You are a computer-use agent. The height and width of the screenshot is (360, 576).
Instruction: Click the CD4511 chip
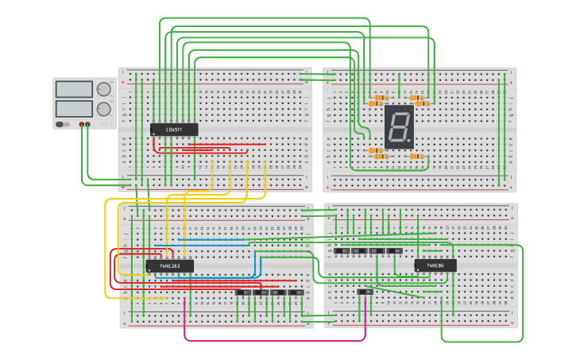click(174, 130)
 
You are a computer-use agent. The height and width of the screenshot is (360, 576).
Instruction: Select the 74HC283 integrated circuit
click(169, 266)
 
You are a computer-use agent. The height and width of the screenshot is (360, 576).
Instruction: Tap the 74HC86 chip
click(435, 265)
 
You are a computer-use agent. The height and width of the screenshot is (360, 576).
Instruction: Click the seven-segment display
click(399, 126)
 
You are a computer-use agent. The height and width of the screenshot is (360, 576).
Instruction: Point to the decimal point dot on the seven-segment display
click(410, 143)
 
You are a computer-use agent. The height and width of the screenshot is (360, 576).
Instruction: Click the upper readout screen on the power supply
click(74, 89)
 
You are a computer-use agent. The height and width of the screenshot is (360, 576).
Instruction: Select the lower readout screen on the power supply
click(74, 107)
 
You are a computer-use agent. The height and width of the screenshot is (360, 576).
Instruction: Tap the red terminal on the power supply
click(81, 125)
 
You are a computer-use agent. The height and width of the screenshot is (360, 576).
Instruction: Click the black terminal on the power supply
click(88, 125)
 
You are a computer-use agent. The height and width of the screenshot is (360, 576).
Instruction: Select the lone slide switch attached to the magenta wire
click(365, 292)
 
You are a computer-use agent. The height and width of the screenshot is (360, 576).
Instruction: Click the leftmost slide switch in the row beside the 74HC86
click(342, 251)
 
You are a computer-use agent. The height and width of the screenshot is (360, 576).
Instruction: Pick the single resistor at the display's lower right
click(416, 157)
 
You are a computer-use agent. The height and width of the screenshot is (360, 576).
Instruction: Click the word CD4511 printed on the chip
click(174, 130)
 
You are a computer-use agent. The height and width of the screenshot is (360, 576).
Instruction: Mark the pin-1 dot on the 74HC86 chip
click(418, 270)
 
